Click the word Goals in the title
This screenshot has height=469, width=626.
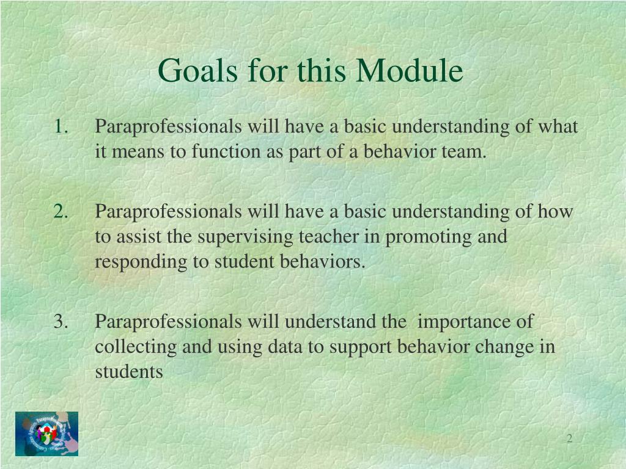(198, 71)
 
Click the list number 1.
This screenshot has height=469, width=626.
(61, 126)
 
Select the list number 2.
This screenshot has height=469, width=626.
(61, 211)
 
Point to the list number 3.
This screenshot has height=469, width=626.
(61, 321)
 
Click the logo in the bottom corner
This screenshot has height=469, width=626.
(46, 434)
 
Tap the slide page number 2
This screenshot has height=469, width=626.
(570, 438)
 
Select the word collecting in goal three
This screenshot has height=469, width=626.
(136, 347)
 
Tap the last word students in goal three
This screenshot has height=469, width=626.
(129, 372)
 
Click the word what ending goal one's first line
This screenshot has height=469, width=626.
(558, 126)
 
